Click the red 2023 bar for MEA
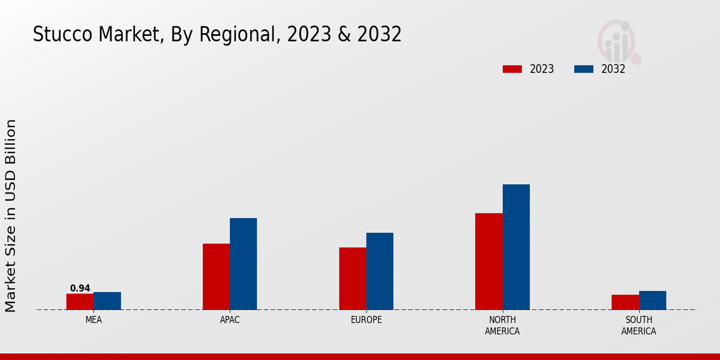click(80, 302)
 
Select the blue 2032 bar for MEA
click(107, 301)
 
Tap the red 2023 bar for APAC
click(216, 277)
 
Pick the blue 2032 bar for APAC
click(243, 264)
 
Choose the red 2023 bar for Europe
click(352, 278)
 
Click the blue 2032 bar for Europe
click(380, 271)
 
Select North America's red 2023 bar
click(488, 262)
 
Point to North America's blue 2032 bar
click(516, 247)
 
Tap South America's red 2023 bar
click(625, 302)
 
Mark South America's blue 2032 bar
click(652, 301)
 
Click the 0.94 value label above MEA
click(80, 289)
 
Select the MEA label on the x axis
click(94, 320)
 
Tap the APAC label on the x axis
click(230, 320)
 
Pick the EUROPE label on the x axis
click(366, 320)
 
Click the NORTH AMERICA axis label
click(502, 326)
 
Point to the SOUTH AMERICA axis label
click(638, 326)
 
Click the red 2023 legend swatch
click(512, 69)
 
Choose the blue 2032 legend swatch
click(583, 69)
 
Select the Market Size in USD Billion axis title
click(11, 216)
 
